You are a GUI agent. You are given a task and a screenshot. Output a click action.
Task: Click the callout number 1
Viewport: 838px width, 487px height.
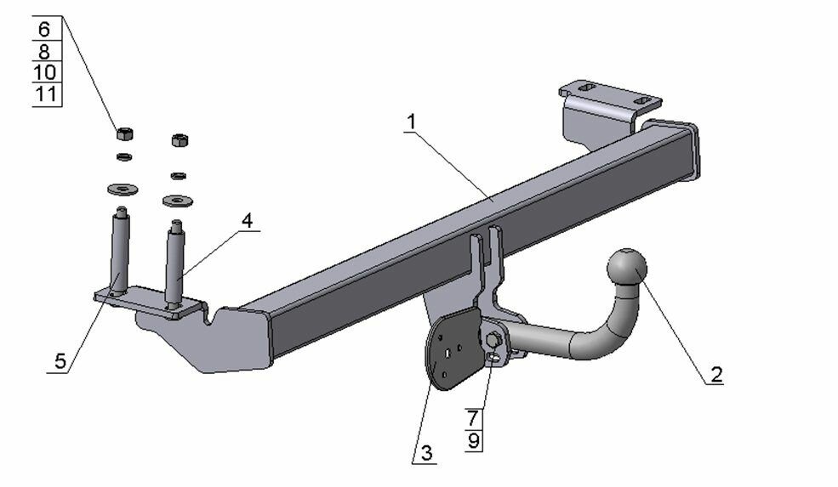[410, 122]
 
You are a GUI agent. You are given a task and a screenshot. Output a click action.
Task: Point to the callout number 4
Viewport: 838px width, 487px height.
[246, 220]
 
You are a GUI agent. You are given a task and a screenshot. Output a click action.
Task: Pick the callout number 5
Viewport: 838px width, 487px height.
[60, 360]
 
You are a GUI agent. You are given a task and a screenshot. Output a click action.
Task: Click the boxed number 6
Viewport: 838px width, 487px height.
[45, 29]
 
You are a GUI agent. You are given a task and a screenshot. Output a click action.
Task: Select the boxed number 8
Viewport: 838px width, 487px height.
[45, 51]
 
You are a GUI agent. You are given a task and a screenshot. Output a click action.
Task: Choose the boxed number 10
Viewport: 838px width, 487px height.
[45, 72]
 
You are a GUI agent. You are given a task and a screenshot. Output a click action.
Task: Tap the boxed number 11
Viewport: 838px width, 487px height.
[45, 93]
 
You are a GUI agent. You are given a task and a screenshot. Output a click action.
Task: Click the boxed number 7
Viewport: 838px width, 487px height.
[475, 417]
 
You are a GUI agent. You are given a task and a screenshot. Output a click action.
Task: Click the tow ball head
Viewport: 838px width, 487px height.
[626, 268]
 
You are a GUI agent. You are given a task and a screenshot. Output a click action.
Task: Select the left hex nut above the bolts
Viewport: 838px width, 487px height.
[123, 133]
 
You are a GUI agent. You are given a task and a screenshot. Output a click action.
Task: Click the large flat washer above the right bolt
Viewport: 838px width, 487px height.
[177, 201]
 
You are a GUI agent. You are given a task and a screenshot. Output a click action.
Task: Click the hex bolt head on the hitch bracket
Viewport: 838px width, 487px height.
[493, 341]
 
